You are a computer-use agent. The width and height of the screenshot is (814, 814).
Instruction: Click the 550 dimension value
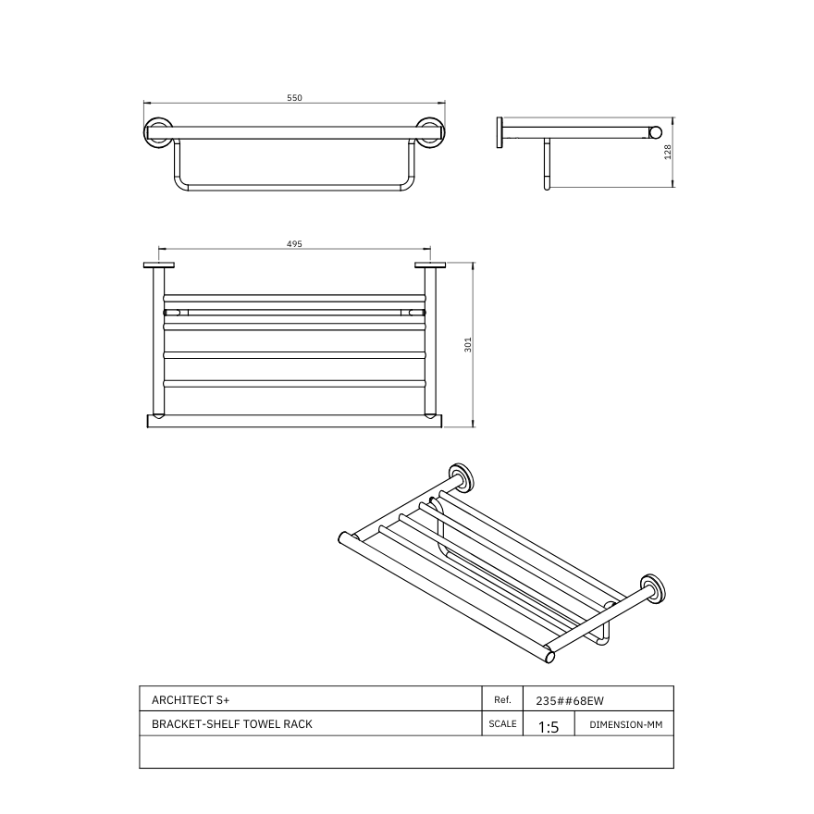pyautogui.click(x=294, y=97)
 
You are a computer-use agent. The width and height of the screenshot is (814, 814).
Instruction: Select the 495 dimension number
pyautogui.click(x=294, y=244)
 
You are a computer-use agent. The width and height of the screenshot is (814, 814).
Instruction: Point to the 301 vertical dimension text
pyautogui.click(x=469, y=345)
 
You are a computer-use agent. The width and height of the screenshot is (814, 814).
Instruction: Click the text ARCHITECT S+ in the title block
pyautogui.click(x=187, y=700)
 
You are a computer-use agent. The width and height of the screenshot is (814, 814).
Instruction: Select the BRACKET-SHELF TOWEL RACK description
pyautogui.click(x=231, y=724)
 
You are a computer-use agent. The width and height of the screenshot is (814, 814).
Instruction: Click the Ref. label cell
pyautogui.click(x=503, y=700)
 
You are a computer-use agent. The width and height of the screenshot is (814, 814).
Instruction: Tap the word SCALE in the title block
pyautogui.click(x=502, y=724)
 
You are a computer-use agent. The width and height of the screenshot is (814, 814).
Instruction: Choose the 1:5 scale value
pyautogui.click(x=549, y=727)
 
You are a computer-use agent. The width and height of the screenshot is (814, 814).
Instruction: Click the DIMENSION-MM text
pyautogui.click(x=625, y=724)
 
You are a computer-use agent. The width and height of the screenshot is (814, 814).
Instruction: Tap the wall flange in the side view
pyautogui.click(x=500, y=131)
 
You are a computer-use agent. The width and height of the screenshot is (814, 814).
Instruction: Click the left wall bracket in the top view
pyautogui.click(x=159, y=267)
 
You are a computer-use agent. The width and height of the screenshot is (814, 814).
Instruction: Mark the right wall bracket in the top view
pyautogui.click(x=429, y=267)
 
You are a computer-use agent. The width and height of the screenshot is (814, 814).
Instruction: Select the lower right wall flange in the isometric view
pyautogui.click(x=652, y=589)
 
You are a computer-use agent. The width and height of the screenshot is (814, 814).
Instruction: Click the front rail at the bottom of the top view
pyautogui.click(x=294, y=421)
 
